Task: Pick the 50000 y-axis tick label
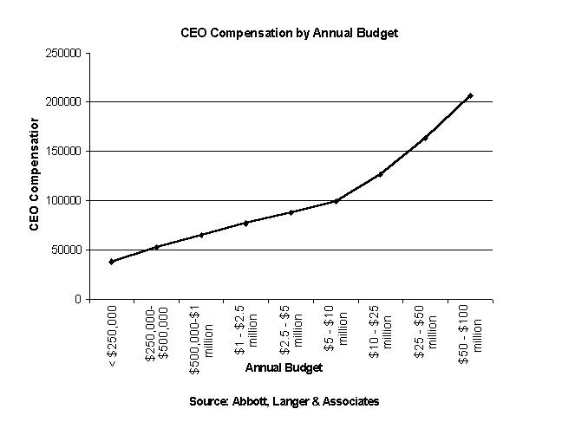pyautogui.click(x=66, y=250)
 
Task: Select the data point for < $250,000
pyautogui.click(x=111, y=261)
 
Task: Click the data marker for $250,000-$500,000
pyautogui.click(x=156, y=247)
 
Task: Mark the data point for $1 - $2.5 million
pyautogui.click(x=245, y=223)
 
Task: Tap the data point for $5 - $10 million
pyautogui.click(x=336, y=201)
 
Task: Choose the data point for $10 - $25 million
pyautogui.click(x=381, y=174)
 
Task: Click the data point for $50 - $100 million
pyautogui.click(x=470, y=95)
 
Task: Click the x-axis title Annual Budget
pyautogui.click(x=284, y=367)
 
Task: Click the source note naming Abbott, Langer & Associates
pyautogui.click(x=284, y=402)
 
